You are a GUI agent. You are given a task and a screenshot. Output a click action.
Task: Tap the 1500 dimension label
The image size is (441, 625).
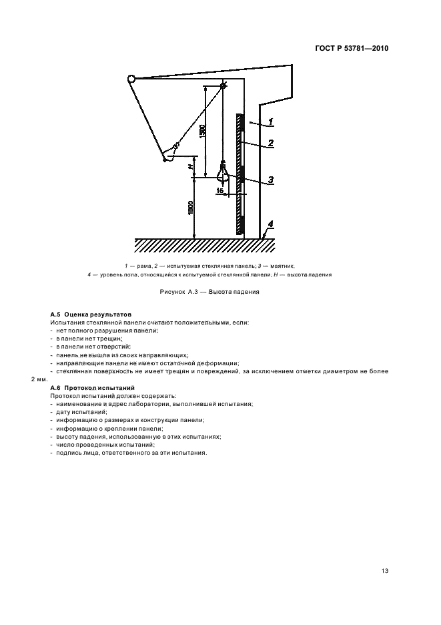tap(202, 131)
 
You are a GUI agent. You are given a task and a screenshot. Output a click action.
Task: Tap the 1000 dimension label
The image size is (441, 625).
tap(191, 208)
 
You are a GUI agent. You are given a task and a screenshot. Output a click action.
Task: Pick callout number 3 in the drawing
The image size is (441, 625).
tap(270, 179)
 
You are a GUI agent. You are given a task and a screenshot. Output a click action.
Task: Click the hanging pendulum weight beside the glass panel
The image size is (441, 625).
tap(224, 175)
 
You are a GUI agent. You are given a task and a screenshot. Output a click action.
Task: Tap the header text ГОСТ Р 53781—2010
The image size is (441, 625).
tap(352, 49)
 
